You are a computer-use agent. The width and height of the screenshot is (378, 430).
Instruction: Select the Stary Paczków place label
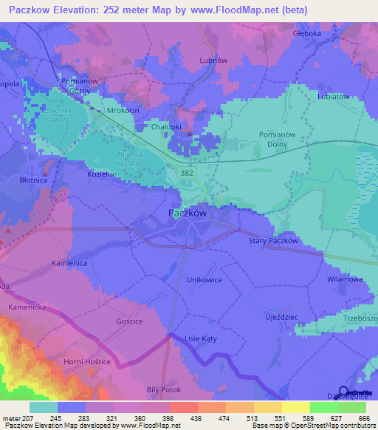273,241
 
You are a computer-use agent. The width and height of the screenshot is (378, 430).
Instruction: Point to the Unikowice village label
205,280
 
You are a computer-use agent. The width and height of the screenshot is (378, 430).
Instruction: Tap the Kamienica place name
71,262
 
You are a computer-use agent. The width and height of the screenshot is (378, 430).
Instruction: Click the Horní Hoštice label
86,361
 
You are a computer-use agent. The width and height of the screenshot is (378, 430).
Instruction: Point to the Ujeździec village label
280,315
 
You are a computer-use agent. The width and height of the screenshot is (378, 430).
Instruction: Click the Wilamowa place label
345,280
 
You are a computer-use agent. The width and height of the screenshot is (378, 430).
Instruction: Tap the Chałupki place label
167,126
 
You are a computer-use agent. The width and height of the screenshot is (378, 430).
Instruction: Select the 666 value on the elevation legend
362,417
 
